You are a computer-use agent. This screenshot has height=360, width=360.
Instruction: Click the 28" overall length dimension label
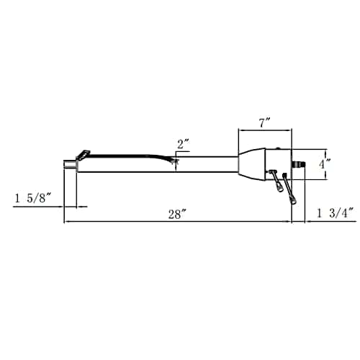coord(177,214)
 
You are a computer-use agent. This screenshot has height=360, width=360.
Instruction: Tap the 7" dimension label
coord(265,123)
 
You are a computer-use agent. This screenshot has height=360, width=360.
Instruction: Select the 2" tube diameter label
coord(184,144)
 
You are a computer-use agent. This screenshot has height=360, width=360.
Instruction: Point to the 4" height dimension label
coord(325,164)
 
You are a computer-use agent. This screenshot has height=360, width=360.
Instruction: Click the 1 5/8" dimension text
coord(33,198)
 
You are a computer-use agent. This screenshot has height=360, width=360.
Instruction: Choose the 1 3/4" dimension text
coord(336,213)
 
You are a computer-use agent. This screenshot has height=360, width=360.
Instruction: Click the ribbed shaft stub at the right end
coord(298,165)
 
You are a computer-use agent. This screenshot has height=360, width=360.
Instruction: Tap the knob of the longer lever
coord(293,200)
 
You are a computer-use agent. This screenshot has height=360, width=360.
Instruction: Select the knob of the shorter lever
coord(279,187)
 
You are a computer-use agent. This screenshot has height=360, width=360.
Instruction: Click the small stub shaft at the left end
coord(70,164)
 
